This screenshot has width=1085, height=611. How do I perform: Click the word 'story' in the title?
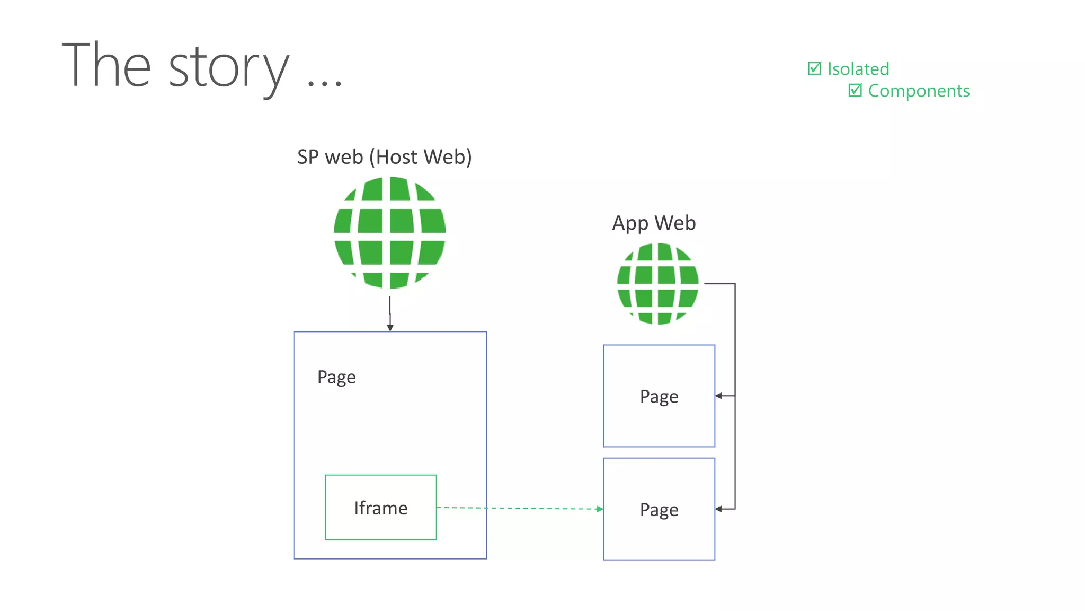click(x=229, y=67)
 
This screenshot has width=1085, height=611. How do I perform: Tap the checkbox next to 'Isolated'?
click(x=814, y=68)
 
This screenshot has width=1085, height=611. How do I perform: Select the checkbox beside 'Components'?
click(x=855, y=90)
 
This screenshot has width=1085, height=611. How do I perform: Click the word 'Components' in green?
click(x=919, y=91)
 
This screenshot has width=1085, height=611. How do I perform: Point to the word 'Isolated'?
click(x=858, y=69)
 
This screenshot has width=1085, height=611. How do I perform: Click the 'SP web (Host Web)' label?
click(x=384, y=157)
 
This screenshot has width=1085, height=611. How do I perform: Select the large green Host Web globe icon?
click(x=390, y=232)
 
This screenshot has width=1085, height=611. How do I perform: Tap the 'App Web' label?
click(x=654, y=223)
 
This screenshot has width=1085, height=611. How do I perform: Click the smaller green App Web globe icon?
click(x=657, y=283)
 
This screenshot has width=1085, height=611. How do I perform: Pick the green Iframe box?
click(x=380, y=508)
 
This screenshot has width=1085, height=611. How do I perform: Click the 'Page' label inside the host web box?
click(x=336, y=377)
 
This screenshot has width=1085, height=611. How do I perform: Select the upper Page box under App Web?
click(x=659, y=396)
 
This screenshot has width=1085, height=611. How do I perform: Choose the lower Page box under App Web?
click(x=659, y=509)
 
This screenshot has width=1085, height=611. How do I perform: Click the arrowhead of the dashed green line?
click(x=600, y=509)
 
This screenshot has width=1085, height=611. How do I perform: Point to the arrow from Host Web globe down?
click(x=390, y=313)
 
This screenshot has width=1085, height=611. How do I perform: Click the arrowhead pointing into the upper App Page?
click(x=718, y=396)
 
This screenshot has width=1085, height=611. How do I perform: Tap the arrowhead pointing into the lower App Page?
click(x=718, y=509)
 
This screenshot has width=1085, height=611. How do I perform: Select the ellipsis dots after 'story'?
click(x=325, y=82)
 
